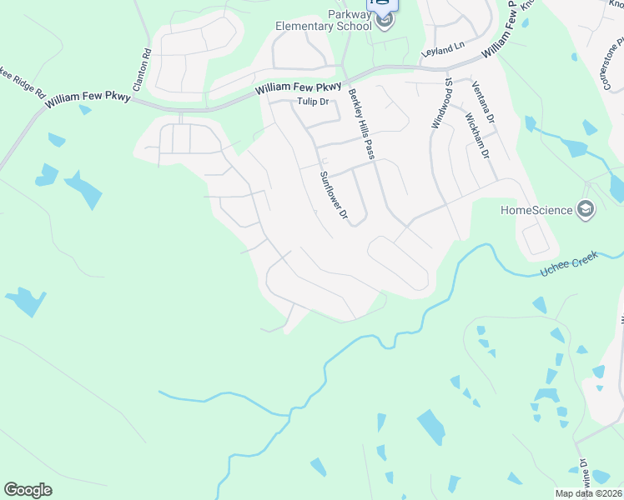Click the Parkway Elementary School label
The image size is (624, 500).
[x=325, y=20]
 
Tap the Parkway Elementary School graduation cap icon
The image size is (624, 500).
[x=384, y=20]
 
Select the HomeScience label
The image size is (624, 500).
[x=536, y=210]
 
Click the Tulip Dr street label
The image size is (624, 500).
[x=314, y=102]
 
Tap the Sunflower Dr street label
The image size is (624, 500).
[x=334, y=196]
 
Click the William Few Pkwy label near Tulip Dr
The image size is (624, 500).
[x=299, y=87]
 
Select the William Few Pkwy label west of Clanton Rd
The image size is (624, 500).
[x=88, y=99]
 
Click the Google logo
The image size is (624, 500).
[x=28, y=490]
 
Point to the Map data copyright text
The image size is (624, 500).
[x=589, y=493]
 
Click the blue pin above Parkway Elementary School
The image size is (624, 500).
[x=383, y=3]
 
